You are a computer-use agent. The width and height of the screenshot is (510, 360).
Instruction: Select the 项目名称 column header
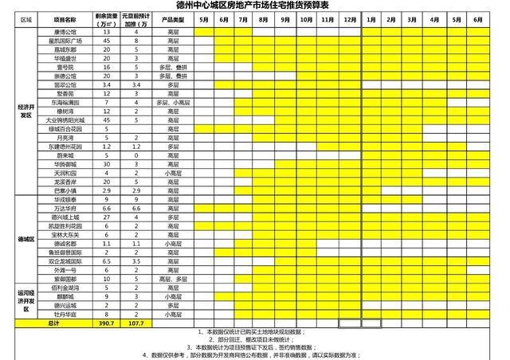tap(65, 18)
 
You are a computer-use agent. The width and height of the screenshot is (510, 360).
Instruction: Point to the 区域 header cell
tap(26, 18)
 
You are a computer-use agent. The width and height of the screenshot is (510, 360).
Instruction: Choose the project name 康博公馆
tap(65, 30)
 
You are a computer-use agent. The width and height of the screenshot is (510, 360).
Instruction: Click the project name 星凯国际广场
tap(65, 39)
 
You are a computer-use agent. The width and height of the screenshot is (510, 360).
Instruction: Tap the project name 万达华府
tap(65, 207)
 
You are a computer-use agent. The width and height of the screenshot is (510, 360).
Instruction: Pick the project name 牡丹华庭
tap(65, 314)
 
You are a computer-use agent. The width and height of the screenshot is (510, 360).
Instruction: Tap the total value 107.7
tap(136, 323)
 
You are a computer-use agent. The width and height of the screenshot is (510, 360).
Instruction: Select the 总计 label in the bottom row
tap(53, 323)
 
